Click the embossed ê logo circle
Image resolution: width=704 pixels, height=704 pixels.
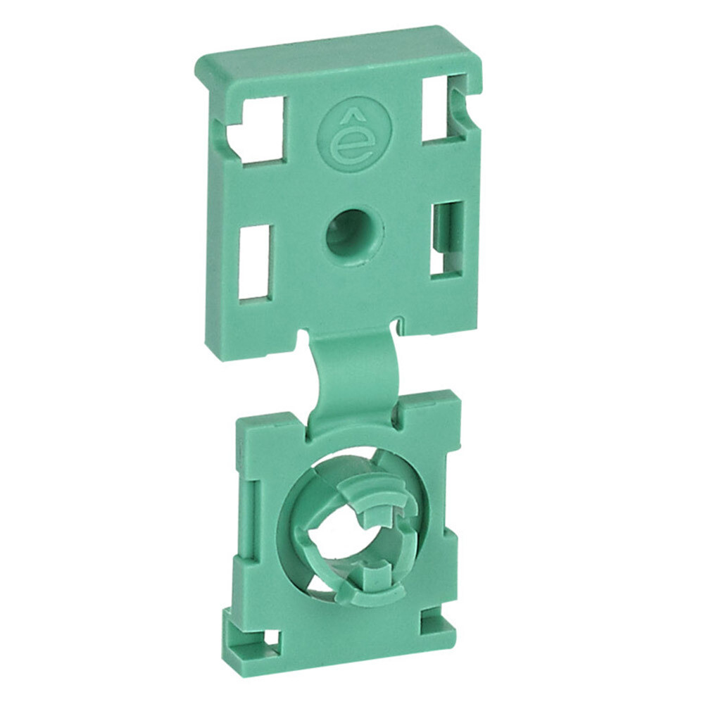(x=355, y=137)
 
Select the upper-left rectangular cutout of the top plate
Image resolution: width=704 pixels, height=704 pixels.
(x=259, y=130)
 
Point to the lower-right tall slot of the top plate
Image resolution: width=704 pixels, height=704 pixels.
(x=447, y=239)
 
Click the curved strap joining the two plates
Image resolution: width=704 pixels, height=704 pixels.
(x=355, y=378)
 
